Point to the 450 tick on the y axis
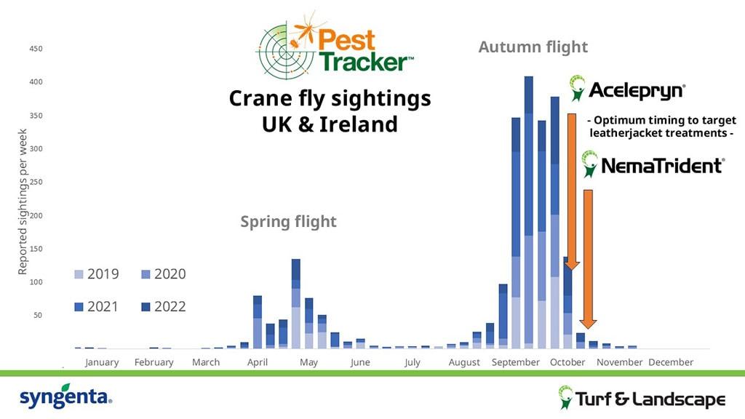pos(36,49)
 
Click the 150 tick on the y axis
pos(36,249)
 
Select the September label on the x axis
pos(516,362)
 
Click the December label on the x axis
pos(671,362)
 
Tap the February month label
pos(154,362)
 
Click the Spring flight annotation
pos(289,221)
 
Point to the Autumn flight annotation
pos(533,47)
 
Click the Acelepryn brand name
pos(636,90)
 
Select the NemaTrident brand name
pos(661,166)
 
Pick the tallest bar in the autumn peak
pos(529,211)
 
